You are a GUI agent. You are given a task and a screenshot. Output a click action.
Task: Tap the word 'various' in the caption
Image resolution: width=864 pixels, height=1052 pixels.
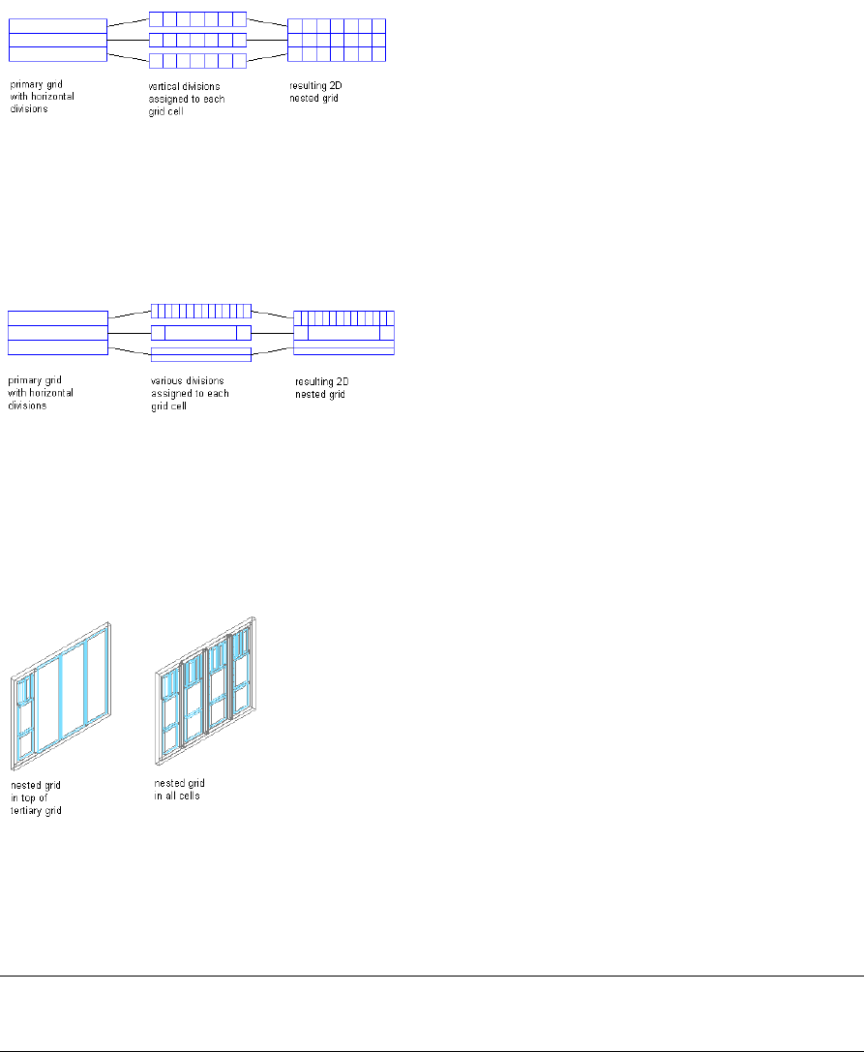164,382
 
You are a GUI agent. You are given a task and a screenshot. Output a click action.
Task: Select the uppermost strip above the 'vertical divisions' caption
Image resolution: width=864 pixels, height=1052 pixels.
197,19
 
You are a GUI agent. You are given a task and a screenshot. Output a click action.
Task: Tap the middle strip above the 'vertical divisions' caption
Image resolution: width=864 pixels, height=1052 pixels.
197,41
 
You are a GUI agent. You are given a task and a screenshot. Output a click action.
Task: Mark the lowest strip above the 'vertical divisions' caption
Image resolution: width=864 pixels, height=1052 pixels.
197,61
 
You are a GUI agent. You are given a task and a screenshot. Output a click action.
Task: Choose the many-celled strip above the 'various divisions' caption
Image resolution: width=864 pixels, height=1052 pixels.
201,311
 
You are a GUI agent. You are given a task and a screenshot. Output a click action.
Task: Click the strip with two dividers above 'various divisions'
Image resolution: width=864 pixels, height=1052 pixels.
201,333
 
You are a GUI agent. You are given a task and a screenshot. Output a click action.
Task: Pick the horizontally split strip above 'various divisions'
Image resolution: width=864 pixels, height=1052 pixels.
201,354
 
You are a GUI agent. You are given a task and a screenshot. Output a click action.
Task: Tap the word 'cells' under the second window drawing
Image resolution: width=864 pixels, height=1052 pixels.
189,796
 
